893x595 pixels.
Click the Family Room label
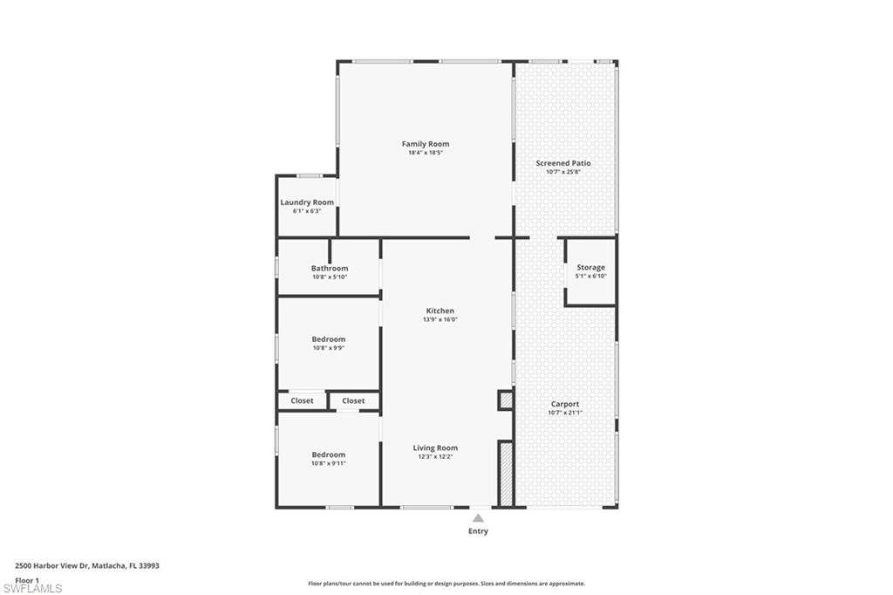click(426, 144)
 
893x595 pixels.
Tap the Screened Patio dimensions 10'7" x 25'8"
click(562, 172)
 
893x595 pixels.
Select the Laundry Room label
click(307, 202)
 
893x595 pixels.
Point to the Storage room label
click(590, 268)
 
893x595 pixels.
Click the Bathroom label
click(330, 269)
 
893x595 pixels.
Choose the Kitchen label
click(440, 311)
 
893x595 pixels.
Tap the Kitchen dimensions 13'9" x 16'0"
click(440, 320)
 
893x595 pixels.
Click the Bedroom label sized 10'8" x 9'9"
click(329, 339)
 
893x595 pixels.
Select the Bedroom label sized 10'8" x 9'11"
click(329, 455)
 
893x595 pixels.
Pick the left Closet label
click(302, 401)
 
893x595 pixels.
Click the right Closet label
click(353, 401)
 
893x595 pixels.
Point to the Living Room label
click(435, 448)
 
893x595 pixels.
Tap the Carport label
click(564, 404)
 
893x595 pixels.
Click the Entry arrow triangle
click(478, 518)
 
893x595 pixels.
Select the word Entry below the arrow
click(478, 531)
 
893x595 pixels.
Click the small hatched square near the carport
click(505, 400)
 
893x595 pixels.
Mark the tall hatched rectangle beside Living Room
click(505, 474)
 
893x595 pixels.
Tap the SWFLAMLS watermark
click(32, 588)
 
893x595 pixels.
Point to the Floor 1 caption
click(27, 579)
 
